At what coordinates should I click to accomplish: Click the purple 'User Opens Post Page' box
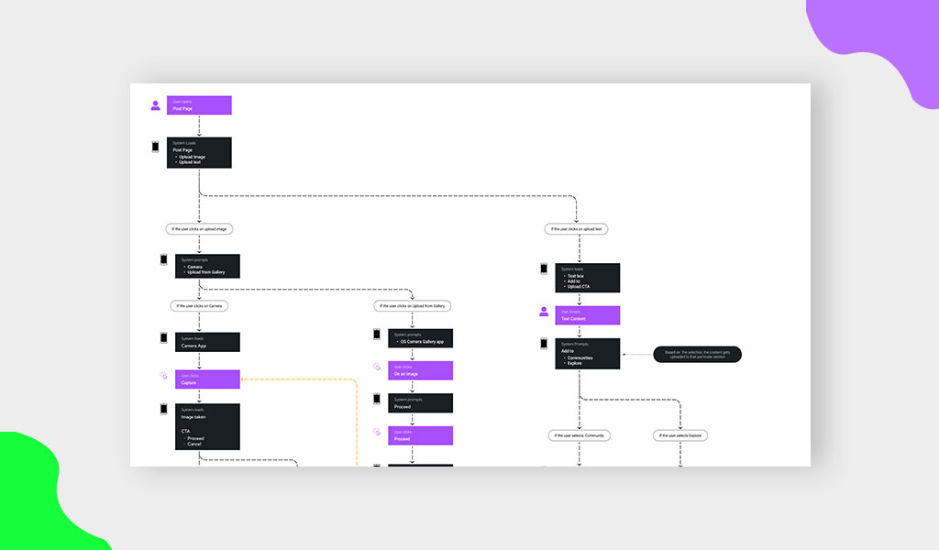(199, 105)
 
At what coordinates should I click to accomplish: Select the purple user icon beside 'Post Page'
(156, 105)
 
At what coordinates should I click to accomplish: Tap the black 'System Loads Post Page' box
(199, 153)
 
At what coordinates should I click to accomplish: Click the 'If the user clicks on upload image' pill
(199, 228)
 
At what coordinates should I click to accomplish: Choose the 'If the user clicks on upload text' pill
(578, 228)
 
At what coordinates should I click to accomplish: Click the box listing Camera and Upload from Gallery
(207, 266)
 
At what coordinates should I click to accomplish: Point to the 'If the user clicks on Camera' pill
(199, 305)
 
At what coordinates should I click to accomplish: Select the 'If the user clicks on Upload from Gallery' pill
(413, 305)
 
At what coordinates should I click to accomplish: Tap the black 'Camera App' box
(207, 342)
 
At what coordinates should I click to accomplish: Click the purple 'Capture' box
(207, 379)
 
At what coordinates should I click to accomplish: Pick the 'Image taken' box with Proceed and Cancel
(207, 427)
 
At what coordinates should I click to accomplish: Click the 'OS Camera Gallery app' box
(420, 338)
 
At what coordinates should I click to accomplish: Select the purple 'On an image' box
(420, 370)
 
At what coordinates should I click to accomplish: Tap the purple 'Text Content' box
(587, 315)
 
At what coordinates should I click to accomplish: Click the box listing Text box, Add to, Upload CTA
(587, 278)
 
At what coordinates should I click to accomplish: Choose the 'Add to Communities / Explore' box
(587, 354)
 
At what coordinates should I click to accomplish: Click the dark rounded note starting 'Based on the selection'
(697, 354)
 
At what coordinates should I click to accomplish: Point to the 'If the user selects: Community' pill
(580, 435)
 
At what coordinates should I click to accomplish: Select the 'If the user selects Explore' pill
(680, 435)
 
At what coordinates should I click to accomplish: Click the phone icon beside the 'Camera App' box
(164, 338)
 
